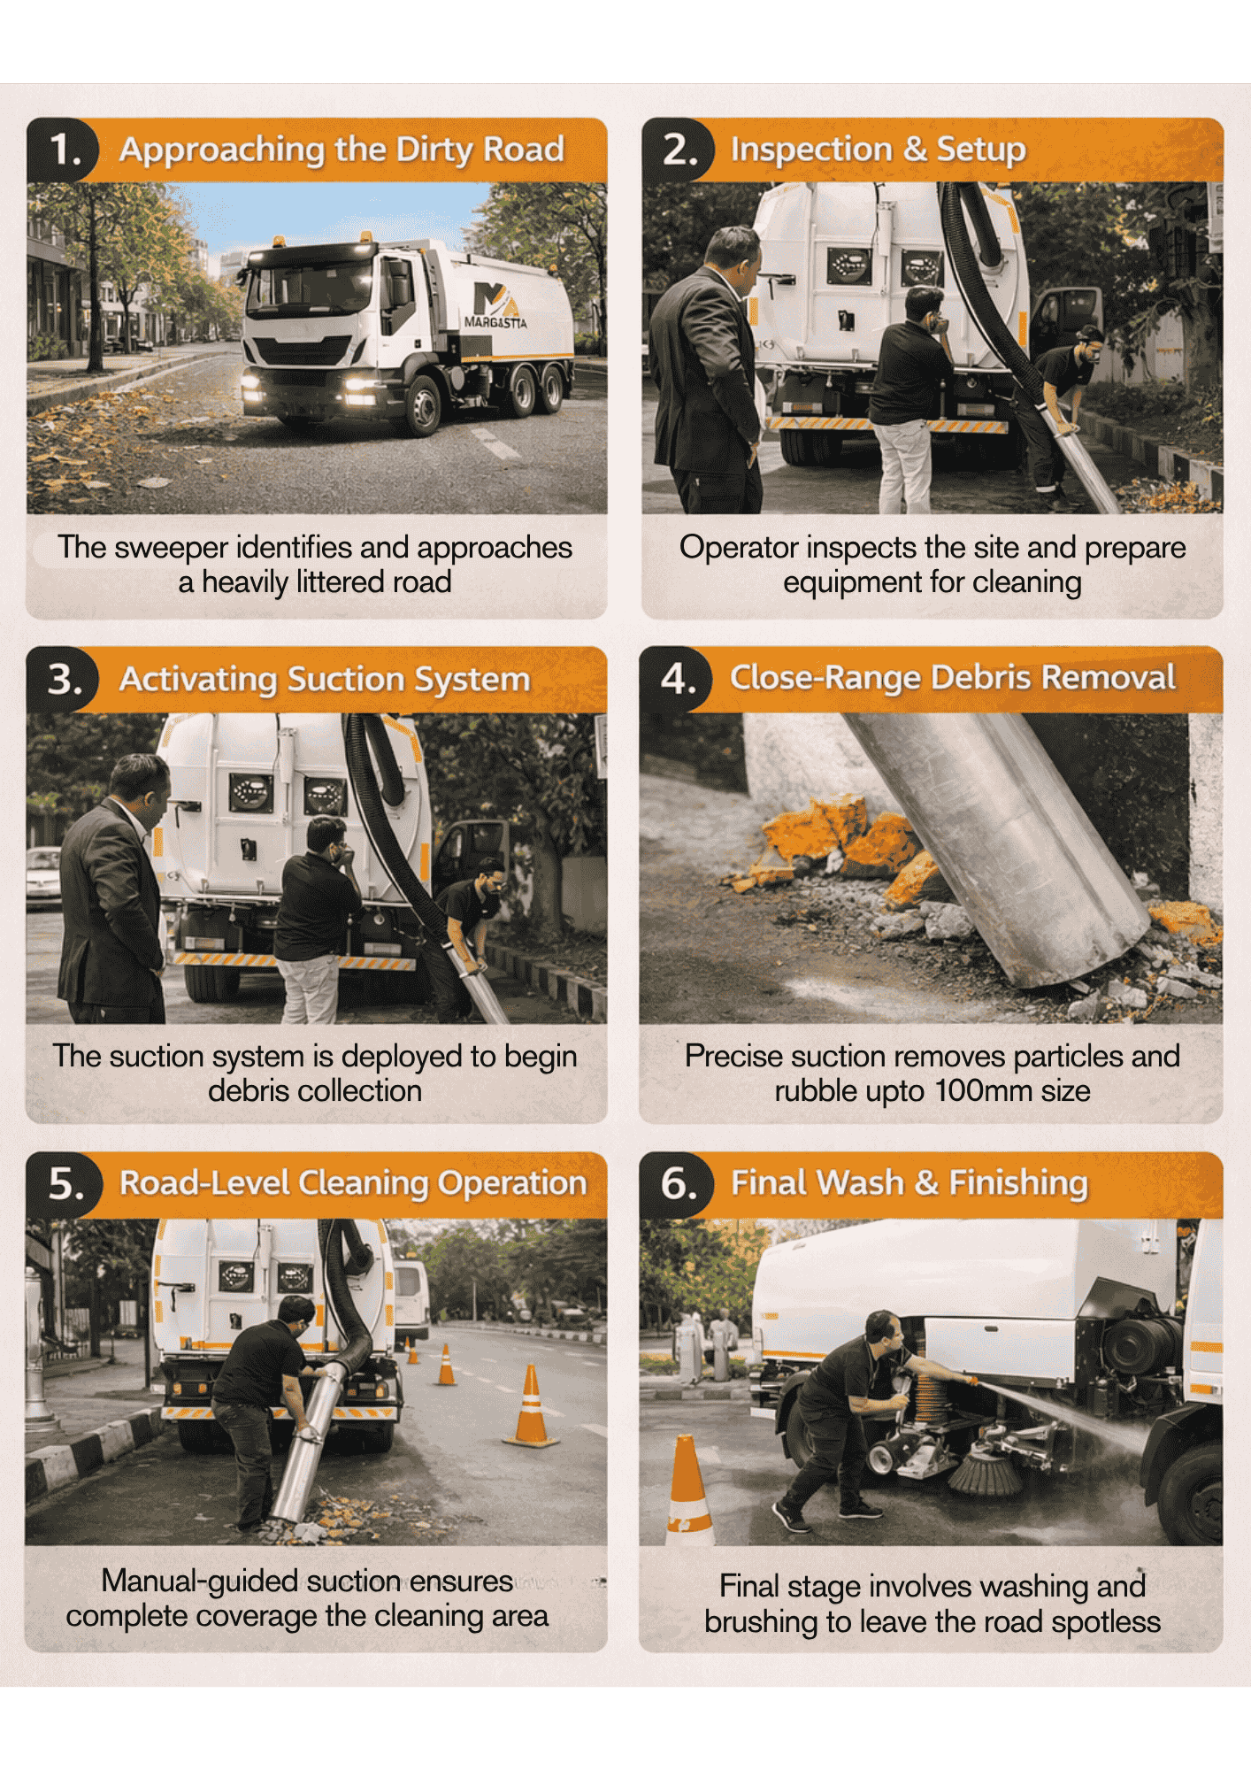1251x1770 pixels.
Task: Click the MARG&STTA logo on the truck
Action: [x=496, y=305]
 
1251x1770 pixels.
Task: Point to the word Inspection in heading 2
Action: [x=811, y=150]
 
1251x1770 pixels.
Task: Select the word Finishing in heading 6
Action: [x=1018, y=1184]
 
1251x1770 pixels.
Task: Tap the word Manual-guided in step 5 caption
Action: [x=199, y=1581]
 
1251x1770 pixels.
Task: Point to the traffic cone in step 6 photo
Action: [x=688, y=1489]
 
